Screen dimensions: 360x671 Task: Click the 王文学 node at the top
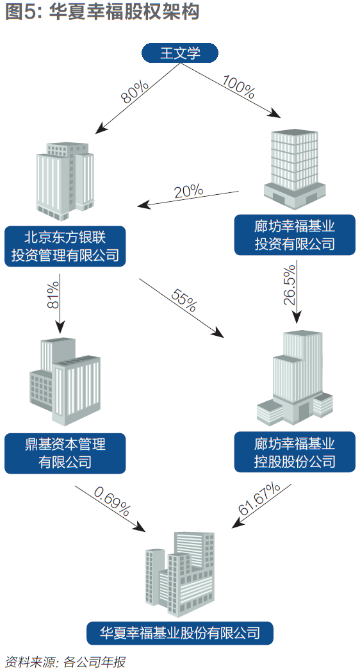pos(180,53)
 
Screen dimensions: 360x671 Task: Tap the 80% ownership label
pos(135,92)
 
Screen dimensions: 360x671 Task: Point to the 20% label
pos(188,191)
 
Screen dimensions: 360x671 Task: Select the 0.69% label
pos(111,500)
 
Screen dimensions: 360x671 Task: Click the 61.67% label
pos(259,499)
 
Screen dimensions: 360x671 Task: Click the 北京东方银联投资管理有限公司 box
pos(65,247)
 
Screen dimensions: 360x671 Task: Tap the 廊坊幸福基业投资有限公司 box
pos(295,235)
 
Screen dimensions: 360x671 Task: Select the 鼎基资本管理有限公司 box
pos(65,453)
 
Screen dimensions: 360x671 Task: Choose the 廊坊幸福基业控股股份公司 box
pos(295,452)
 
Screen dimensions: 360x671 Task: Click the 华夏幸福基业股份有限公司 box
pos(180,633)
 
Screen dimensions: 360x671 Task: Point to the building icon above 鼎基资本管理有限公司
pos(65,381)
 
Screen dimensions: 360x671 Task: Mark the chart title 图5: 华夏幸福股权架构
pos(102,12)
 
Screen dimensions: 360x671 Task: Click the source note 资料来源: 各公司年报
pos(65,662)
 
